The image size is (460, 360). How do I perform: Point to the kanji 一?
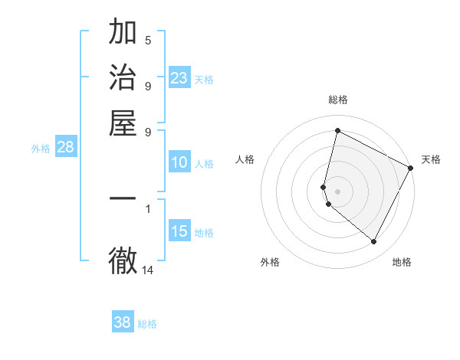tap(123, 198)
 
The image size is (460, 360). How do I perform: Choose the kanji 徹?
tap(123, 260)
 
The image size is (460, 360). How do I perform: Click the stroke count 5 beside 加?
tap(148, 40)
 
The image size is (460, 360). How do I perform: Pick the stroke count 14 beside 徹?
tap(148, 270)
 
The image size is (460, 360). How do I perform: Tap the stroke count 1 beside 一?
tap(148, 208)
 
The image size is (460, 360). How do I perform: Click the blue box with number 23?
tap(179, 78)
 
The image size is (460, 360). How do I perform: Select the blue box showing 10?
tap(179, 162)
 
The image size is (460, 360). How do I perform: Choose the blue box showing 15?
tap(179, 231)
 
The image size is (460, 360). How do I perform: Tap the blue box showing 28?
tap(65, 148)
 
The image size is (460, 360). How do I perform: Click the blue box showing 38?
tap(123, 322)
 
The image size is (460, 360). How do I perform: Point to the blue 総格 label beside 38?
tap(147, 324)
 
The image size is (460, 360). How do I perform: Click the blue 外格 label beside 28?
tap(41, 149)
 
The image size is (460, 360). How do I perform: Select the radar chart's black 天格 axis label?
tap(431, 159)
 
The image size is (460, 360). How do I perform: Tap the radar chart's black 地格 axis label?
tap(402, 262)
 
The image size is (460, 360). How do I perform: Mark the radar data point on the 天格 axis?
tap(411, 168)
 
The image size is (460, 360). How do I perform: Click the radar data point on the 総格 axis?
tap(337, 130)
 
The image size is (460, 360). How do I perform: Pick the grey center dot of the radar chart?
tap(337, 190)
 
